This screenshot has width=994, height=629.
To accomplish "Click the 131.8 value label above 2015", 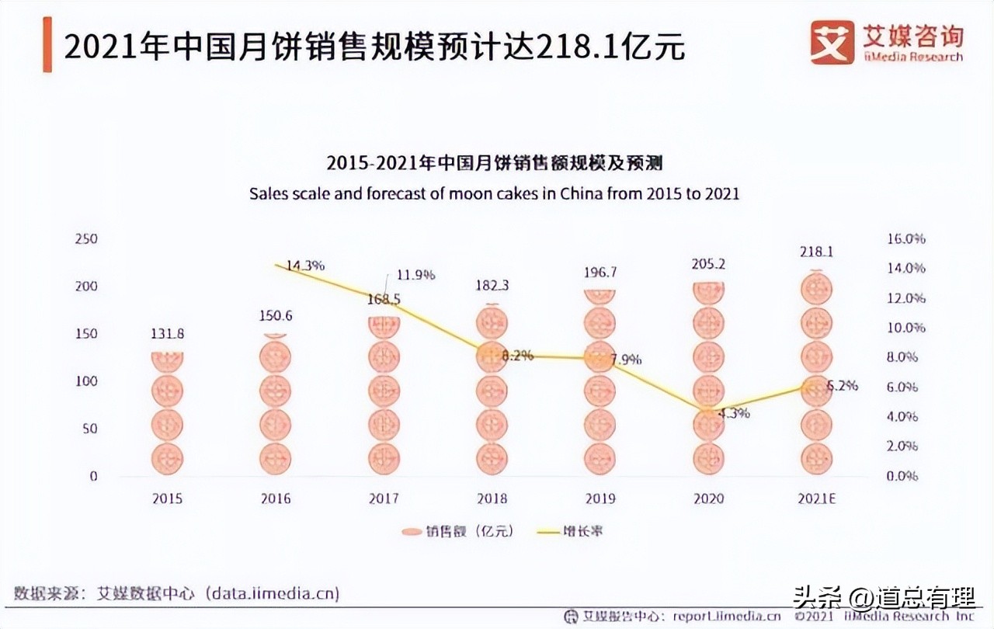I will tap(167, 334).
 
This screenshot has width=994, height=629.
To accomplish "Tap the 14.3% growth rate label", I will tap(305, 266).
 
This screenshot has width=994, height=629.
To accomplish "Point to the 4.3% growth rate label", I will tap(733, 413).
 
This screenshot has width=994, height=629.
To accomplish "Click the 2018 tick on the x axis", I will tap(492, 499).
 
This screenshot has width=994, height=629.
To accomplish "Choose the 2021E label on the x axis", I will tap(816, 499).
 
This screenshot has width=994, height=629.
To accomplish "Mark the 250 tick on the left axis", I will tap(86, 238).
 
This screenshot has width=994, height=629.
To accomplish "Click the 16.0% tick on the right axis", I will tap(905, 238).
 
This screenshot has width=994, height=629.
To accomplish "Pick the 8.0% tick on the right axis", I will tap(902, 357).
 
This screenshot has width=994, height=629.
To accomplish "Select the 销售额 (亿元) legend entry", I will tap(458, 532).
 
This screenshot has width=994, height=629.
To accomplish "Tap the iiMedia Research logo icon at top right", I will tap(832, 42).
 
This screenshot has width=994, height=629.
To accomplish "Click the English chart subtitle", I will tap(494, 193).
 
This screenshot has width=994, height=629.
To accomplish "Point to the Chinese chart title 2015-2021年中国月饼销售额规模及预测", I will tap(494, 163).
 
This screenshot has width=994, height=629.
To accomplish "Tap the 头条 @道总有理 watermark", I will tap(883, 599).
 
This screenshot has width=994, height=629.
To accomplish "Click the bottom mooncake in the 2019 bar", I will tap(600, 458).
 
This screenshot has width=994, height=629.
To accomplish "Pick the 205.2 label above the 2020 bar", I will tap(708, 264).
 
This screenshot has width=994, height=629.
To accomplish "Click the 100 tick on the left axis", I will tap(86, 381).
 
